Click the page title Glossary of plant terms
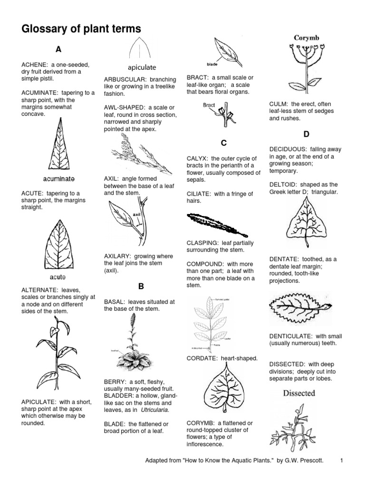click(x=81, y=29)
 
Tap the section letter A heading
click(x=58, y=49)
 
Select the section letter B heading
click(x=141, y=286)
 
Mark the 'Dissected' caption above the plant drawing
click(x=299, y=393)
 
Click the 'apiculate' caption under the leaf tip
click(x=141, y=67)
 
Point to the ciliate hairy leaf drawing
click(x=218, y=225)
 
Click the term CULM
click(x=279, y=104)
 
